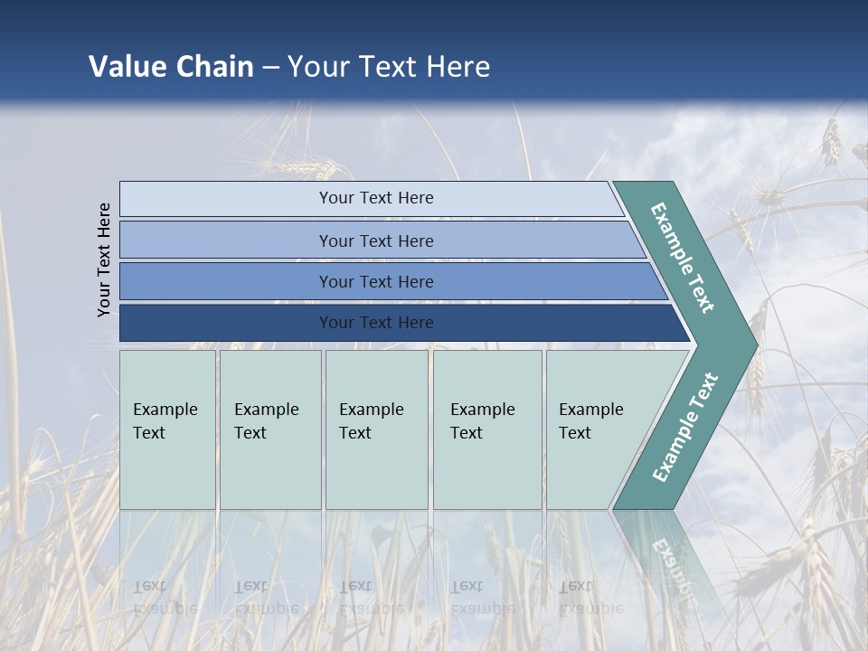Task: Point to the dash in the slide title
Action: (270, 68)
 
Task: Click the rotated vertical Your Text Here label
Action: (104, 259)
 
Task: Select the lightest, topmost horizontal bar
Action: (375, 198)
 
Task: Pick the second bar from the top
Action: (375, 241)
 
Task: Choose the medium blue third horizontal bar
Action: (375, 282)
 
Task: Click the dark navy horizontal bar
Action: (375, 323)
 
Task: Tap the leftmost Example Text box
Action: (167, 429)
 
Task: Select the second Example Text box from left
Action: (269, 429)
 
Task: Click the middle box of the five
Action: (376, 429)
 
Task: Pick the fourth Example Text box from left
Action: (487, 429)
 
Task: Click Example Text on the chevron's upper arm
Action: (683, 258)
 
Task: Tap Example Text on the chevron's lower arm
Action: (685, 427)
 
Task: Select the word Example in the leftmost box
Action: (165, 410)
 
